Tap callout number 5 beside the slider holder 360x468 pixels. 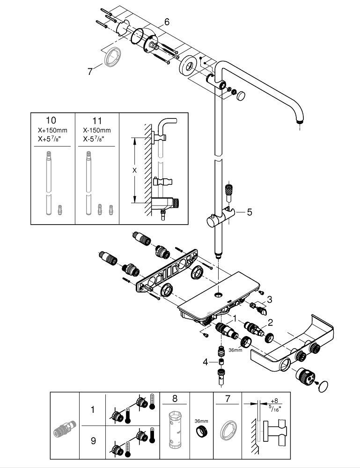[249, 212]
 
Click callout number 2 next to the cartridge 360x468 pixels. [270, 322]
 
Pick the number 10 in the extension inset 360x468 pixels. [52, 121]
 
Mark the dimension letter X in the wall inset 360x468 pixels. [134, 171]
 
